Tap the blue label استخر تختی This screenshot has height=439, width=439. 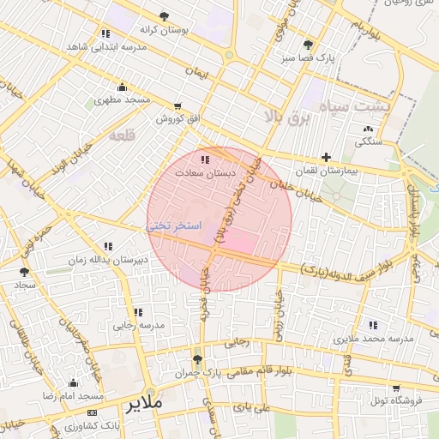[x=175, y=226]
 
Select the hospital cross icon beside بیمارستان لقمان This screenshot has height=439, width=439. [x=326, y=157]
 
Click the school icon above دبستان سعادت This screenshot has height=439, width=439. [x=204, y=159]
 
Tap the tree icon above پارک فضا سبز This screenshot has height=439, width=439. [x=308, y=45]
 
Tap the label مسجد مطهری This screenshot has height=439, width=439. [x=122, y=100]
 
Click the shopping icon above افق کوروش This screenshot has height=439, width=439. [x=177, y=106]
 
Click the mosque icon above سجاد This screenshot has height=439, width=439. [x=24, y=271]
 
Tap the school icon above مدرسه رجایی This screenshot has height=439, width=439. [x=137, y=312]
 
